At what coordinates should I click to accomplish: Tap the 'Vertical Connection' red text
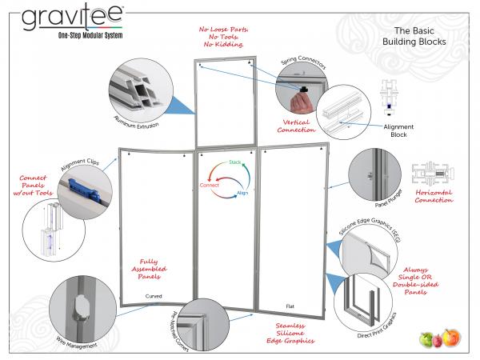coord(297,124)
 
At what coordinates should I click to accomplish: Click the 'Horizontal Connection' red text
coord(434,198)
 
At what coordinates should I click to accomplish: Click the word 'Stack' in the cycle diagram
coord(235,162)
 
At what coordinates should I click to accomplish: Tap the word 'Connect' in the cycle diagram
coord(209,185)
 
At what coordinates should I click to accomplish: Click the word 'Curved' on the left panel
coord(154,296)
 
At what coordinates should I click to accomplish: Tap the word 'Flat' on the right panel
coord(289,306)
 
